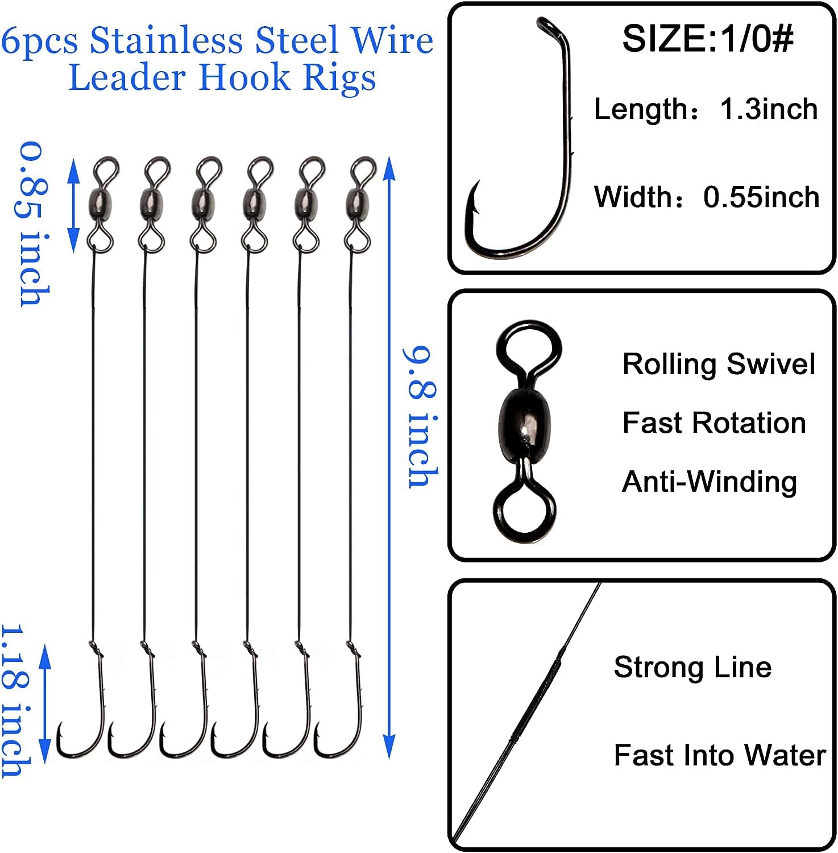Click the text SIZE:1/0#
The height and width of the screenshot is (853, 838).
pos(707,39)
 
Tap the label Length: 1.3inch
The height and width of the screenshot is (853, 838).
pos(706,109)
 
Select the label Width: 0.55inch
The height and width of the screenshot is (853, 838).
pos(707,197)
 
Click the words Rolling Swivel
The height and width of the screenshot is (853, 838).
pos(719,364)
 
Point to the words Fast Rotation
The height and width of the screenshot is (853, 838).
pos(714,423)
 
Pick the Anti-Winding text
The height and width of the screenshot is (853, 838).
pos(710,482)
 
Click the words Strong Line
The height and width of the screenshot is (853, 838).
pos(692,667)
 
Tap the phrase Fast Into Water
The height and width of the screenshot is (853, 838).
pos(719,755)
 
